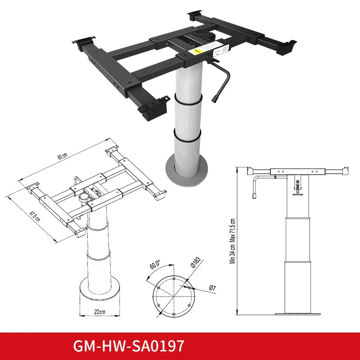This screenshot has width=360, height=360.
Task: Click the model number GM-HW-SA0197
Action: pos(129,346)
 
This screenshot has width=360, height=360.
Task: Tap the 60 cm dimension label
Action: pos(62,156)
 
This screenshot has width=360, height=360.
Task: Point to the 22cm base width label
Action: pos(100,311)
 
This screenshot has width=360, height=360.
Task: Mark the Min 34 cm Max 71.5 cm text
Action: pos(233,241)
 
